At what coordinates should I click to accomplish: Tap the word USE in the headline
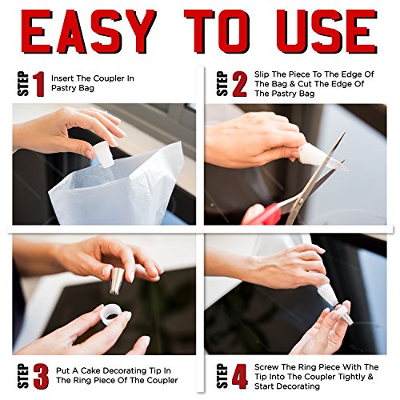pyautogui.click(x=327, y=31)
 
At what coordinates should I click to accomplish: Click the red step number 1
pyautogui.click(x=39, y=84)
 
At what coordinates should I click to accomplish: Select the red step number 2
pyautogui.click(x=239, y=84)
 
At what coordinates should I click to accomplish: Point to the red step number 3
pyautogui.click(x=41, y=376)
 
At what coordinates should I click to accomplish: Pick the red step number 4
pyautogui.click(x=240, y=376)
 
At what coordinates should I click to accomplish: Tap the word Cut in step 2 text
pyautogui.click(x=306, y=84)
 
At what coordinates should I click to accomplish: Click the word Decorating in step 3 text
pyautogui.click(x=126, y=371)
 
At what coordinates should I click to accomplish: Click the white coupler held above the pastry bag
pyautogui.click(x=105, y=154)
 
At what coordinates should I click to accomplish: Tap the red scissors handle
pyautogui.click(x=262, y=214)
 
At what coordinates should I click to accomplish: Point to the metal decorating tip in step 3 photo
pyautogui.click(x=117, y=281)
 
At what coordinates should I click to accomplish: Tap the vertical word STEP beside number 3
pyautogui.click(x=23, y=376)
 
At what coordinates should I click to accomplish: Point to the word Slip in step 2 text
pyautogui.click(x=262, y=74)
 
